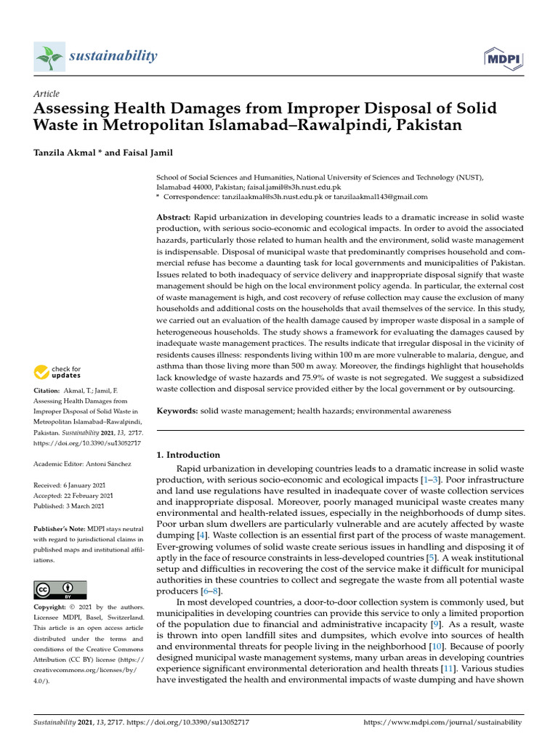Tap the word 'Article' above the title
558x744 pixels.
pyautogui.click(x=46, y=94)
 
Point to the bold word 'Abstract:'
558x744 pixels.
pyautogui.click(x=174, y=218)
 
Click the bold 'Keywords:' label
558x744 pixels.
pyautogui.click(x=177, y=411)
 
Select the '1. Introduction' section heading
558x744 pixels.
pyautogui.click(x=189, y=455)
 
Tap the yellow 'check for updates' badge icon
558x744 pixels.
pyautogui.click(x=42, y=373)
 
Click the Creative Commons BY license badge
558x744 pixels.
pyautogui.click(x=60, y=590)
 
